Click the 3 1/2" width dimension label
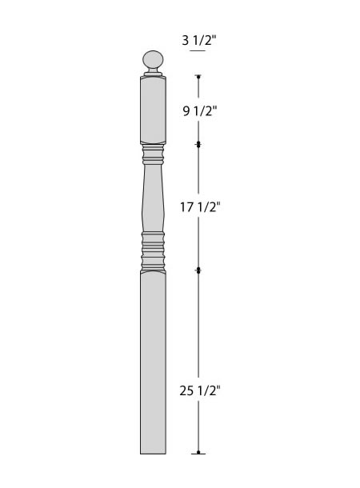click(199, 40)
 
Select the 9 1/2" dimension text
click(199, 110)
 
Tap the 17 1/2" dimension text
click(200, 207)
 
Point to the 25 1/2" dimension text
click(200, 390)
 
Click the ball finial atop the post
click(153, 59)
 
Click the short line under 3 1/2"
click(198, 50)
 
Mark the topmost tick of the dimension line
click(198, 76)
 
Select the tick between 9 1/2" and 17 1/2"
click(198, 145)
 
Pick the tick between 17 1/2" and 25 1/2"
click(198, 270)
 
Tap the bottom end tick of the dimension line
click(198, 453)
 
